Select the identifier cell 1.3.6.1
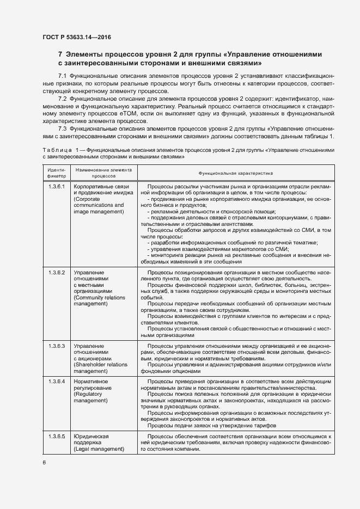57,187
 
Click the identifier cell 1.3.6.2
57,272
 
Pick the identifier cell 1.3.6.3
57,346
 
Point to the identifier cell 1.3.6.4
57,381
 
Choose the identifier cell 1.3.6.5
57,437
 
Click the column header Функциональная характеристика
235,173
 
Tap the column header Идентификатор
57,173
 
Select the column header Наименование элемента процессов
103,173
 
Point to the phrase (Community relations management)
99,301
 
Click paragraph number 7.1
63,75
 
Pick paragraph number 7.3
63,128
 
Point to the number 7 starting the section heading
60,54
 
